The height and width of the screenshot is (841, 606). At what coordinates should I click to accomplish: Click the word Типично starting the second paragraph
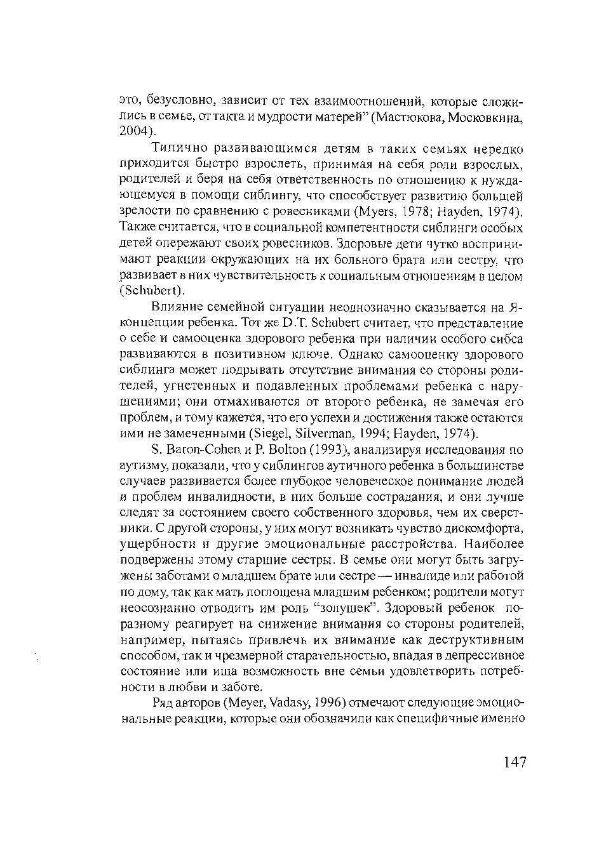(x=179, y=149)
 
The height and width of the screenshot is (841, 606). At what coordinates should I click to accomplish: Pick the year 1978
(x=410, y=211)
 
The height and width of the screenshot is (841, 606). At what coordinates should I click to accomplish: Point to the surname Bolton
(x=277, y=450)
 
